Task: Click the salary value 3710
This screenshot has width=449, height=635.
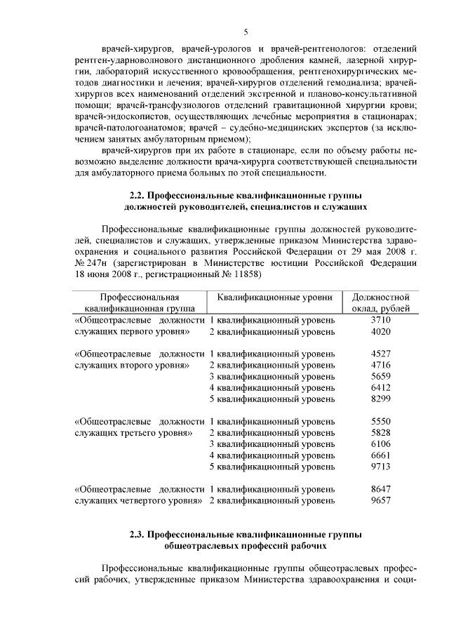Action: click(380, 320)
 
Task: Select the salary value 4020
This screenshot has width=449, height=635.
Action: click(380, 332)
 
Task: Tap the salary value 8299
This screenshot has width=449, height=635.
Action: click(380, 399)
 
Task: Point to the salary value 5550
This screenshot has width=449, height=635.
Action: click(380, 422)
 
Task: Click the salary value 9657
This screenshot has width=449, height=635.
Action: click(380, 500)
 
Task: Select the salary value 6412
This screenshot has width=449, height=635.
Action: click(380, 388)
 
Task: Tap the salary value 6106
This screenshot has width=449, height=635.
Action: click(380, 444)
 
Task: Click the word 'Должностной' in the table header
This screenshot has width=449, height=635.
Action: click(380, 298)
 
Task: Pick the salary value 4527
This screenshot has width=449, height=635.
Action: click(380, 354)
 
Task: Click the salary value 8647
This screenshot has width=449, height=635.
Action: click(380, 489)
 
